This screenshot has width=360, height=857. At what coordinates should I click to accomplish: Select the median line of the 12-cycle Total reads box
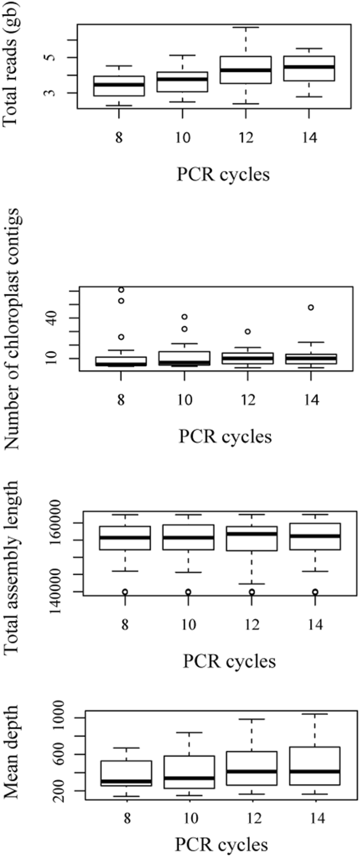click(x=245, y=70)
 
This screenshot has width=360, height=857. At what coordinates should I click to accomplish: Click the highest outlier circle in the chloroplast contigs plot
click(x=121, y=290)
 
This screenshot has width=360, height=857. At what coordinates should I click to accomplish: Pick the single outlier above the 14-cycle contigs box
click(x=311, y=307)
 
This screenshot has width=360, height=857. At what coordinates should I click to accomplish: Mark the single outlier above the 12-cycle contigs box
click(x=248, y=332)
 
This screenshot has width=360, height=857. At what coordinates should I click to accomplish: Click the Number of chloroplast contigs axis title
click(x=12, y=329)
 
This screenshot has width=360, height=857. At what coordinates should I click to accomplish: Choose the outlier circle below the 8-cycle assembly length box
click(x=125, y=592)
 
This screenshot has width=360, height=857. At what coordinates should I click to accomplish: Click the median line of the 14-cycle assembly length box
click(x=315, y=535)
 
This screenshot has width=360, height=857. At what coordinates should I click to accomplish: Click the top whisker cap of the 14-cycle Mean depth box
click(x=315, y=714)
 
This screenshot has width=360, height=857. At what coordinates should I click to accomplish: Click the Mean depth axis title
click(x=12, y=752)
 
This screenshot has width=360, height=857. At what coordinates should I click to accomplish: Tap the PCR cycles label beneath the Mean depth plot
click(x=221, y=844)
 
